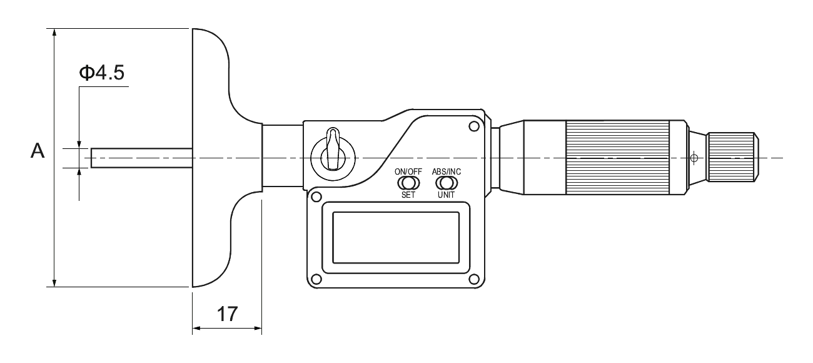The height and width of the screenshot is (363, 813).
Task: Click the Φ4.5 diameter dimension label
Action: (102, 73)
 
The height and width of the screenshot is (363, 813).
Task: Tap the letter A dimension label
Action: (38, 151)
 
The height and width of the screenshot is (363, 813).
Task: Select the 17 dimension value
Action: (227, 314)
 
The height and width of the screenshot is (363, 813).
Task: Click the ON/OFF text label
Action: (408, 171)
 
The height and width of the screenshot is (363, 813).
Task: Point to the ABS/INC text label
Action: (447, 171)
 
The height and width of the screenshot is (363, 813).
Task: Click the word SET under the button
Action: (408, 195)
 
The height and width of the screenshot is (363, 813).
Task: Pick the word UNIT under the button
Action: (447, 195)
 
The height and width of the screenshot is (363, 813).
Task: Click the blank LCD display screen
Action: (396, 238)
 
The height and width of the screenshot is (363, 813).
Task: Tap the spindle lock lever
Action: (333, 148)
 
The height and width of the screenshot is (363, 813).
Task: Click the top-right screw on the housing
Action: (473, 126)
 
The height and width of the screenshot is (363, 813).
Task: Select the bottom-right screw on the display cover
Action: (473, 279)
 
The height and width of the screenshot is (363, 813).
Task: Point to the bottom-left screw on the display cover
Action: (316, 279)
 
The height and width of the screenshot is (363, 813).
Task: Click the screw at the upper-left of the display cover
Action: (316, 197)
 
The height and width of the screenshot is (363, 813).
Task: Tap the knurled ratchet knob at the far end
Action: (733, 157)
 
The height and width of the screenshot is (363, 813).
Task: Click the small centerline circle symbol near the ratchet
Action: (694, 158)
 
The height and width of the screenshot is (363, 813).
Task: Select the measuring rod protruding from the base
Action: (141, 158)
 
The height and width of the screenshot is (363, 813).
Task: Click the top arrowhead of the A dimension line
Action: (54, 33)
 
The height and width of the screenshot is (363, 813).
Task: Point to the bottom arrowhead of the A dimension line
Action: (54, 283)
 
